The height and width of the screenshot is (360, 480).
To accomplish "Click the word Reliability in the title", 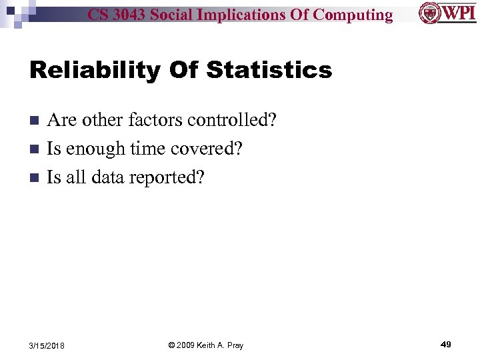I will click(103, 69).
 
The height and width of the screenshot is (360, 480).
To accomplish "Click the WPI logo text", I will click(455, 12).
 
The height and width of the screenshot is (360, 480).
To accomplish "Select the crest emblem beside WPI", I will click(429, 12).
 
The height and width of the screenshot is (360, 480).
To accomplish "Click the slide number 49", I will click(445, 344).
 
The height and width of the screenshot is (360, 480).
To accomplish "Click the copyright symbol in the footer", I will click(171, 345).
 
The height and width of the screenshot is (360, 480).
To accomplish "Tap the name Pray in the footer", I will click(234, 345).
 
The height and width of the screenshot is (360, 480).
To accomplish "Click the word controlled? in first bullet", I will click(232, 120).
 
